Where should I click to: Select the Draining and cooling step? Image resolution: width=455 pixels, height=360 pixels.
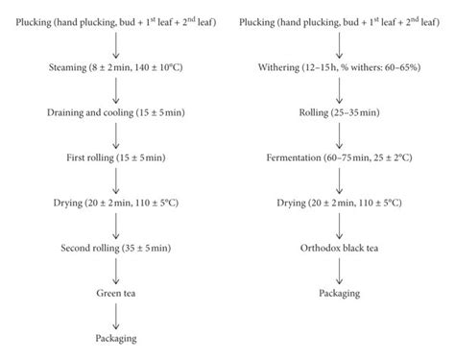point(116,112)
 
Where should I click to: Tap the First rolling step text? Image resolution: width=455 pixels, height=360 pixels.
point(116,156)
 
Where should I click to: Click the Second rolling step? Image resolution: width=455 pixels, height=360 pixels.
point(116,245)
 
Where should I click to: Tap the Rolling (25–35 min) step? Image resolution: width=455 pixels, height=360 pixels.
point(337,112)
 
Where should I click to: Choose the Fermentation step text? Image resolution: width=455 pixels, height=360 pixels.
point(337,156)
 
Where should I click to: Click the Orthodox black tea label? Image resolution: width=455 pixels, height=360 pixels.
point(337,245)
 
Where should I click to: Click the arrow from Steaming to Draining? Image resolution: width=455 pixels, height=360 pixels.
point(116,90)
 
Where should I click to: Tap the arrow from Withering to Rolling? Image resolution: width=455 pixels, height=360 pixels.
point(337,90)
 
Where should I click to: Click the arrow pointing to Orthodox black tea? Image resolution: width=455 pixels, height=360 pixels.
point(337,223)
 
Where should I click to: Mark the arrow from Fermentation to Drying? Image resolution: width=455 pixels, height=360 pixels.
point(337,179)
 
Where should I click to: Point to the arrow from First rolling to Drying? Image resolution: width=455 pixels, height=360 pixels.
point(116,179)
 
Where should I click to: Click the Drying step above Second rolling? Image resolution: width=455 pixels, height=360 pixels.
point(116,201)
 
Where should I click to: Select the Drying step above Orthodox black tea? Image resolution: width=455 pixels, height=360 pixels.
point(337,201)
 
